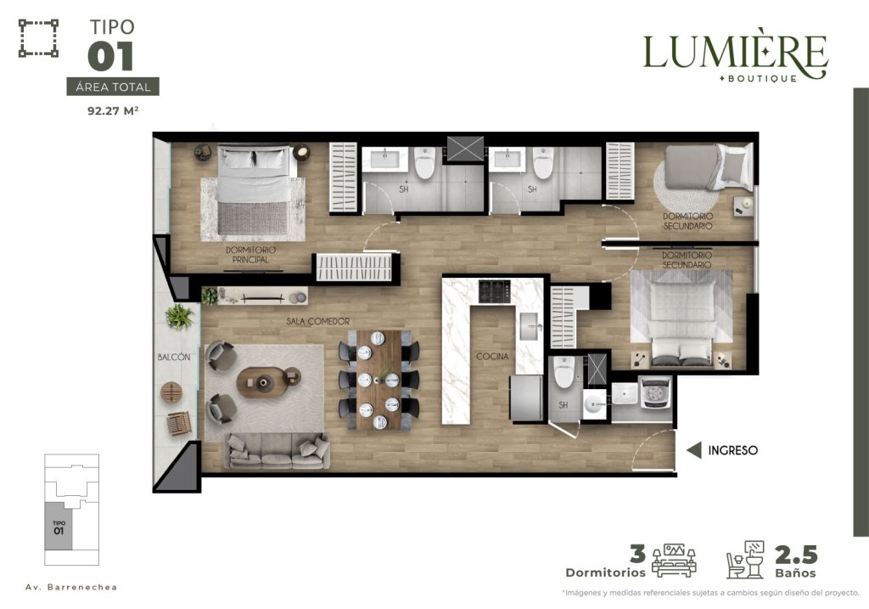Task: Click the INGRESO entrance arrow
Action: pyautogui.click(x=694, y=450)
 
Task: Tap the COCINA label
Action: pyautogui.click(x=492, y=357)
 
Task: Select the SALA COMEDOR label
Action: pyautogui.click(x=318, y=321)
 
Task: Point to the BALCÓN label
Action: pyautogui.click(x=173, y=358)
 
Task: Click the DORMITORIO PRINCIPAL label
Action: pyautogui.click(x=250, y=255)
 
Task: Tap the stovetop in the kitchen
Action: pyautogui.click(x=495, y=291)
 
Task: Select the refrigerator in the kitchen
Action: pyautogui.click(x=526, y=398)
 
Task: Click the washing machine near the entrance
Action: pyautogui.click(x=656, y=392)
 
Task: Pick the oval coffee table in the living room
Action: pyautogui.click(x=263, y=382)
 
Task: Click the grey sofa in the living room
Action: pyautogui.click(x=277, y=450)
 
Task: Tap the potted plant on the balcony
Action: pyautogui.click(x=179, y=317)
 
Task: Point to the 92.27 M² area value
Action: pyautogui.click(x=113, y=110)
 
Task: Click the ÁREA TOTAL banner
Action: pyautogui.click(x=113, y=87)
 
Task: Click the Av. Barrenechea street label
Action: pyautogui.click(x=71, y=587)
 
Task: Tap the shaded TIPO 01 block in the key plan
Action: pyautogui.click(x=59, y=526)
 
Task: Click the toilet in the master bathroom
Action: pyautogui.click(x=424, y=162)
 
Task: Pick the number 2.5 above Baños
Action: pyautogui.click(x=796, y=555)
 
